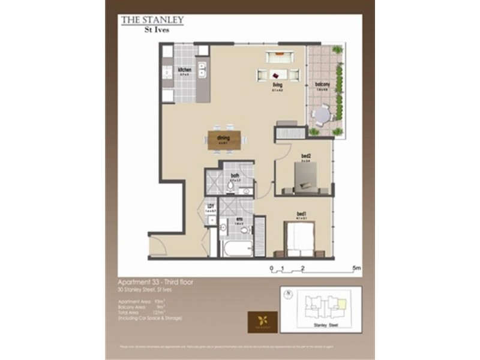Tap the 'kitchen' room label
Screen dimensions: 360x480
tap(185, 71)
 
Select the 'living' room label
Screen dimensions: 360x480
tap(277, 86)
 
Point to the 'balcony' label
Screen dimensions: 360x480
tap(323, 85)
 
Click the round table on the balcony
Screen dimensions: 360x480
tap(323, 113)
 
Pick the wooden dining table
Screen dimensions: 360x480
tap(227, 139)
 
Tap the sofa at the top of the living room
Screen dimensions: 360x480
tap(280, 57)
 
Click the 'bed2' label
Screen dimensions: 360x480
tap(306, 158)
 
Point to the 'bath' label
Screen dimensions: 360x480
tap(235, 176)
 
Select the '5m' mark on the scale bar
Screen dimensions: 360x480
tap(356, 268)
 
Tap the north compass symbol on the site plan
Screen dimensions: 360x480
tap(289, 293)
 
